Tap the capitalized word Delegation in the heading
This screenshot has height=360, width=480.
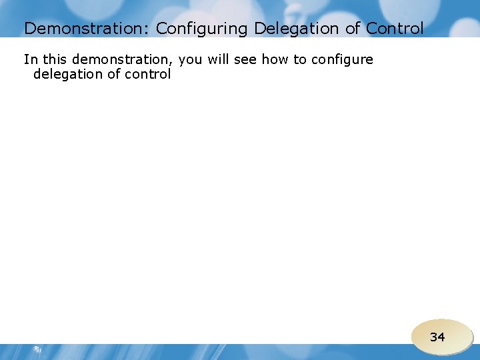click(296, 29)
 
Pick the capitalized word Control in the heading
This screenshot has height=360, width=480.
click(395, 29)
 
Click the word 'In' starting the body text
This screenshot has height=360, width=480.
click(31, 59)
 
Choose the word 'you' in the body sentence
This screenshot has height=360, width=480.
click(191, 60)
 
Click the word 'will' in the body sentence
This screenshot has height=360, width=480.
click(218, 59)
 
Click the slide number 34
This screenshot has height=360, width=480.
click(437, 337)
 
